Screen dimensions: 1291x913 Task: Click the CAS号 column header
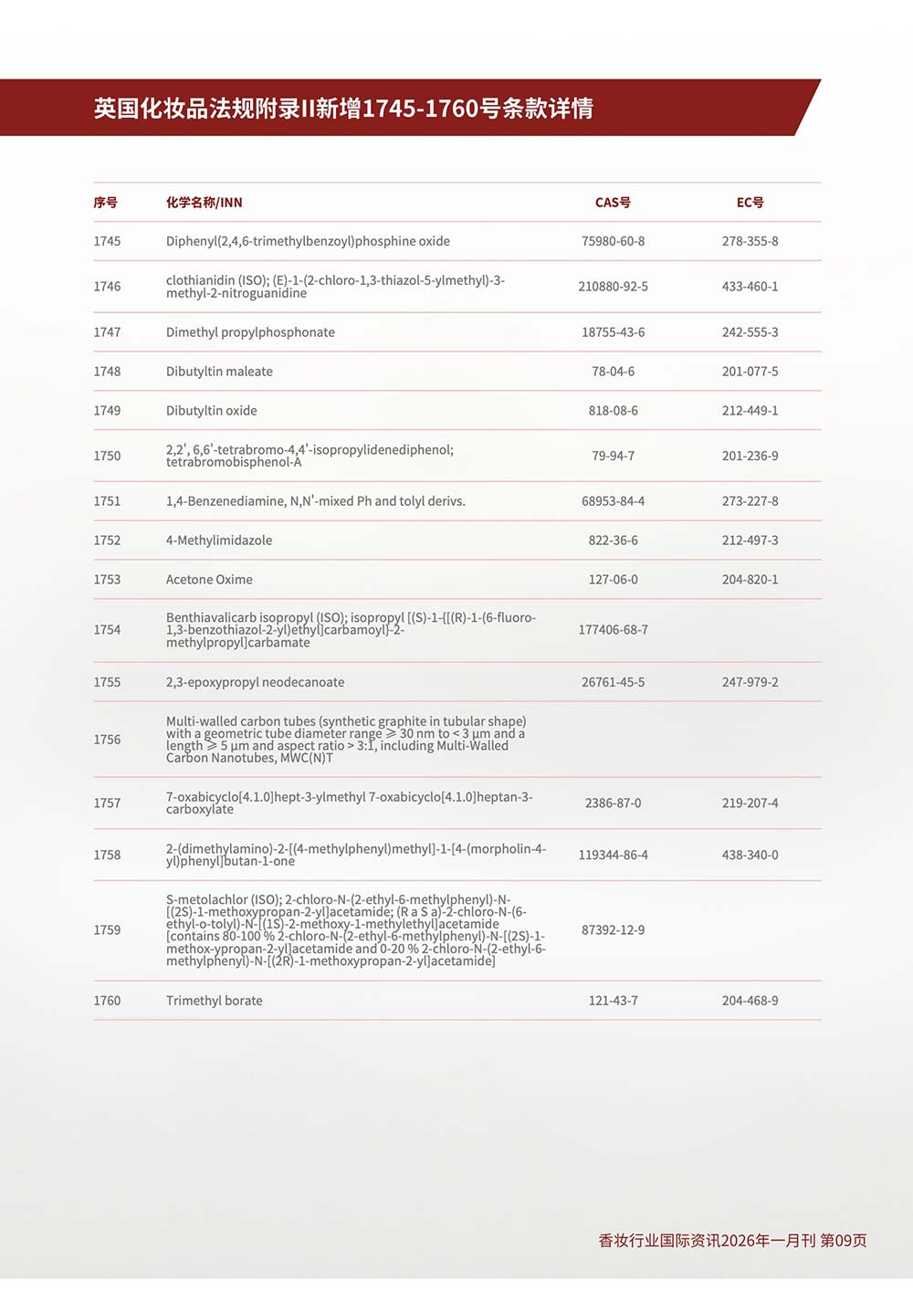pos(613,203)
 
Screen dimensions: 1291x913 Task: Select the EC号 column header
pos(750,203)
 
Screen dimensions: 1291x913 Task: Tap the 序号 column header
pos(105,203)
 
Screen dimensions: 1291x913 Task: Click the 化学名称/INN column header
pos(205,203)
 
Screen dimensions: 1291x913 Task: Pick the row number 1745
pos(107,241)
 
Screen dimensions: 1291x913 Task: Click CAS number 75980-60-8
pos(613,241)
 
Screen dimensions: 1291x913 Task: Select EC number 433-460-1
pos(750,287)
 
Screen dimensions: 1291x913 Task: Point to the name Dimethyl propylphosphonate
pos(250,332)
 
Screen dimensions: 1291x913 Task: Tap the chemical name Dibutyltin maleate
pos(219,372)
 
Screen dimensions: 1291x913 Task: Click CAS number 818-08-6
pos(613,411)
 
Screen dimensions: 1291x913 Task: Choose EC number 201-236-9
pos(750,456)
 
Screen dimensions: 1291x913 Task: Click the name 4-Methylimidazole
pos(219,541)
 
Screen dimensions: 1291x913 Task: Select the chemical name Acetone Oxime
pos(209,580)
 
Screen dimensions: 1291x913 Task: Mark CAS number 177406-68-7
pos(613,630)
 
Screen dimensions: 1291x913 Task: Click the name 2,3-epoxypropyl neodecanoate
pos(255,682)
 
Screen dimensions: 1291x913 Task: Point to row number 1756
pos(107,740)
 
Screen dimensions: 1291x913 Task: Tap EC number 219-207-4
pos(750,803)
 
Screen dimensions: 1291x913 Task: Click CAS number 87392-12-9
pos(613,930)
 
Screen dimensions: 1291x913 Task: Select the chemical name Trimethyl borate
pos(214,1001)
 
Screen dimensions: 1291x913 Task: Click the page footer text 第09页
pos(843,1241)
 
